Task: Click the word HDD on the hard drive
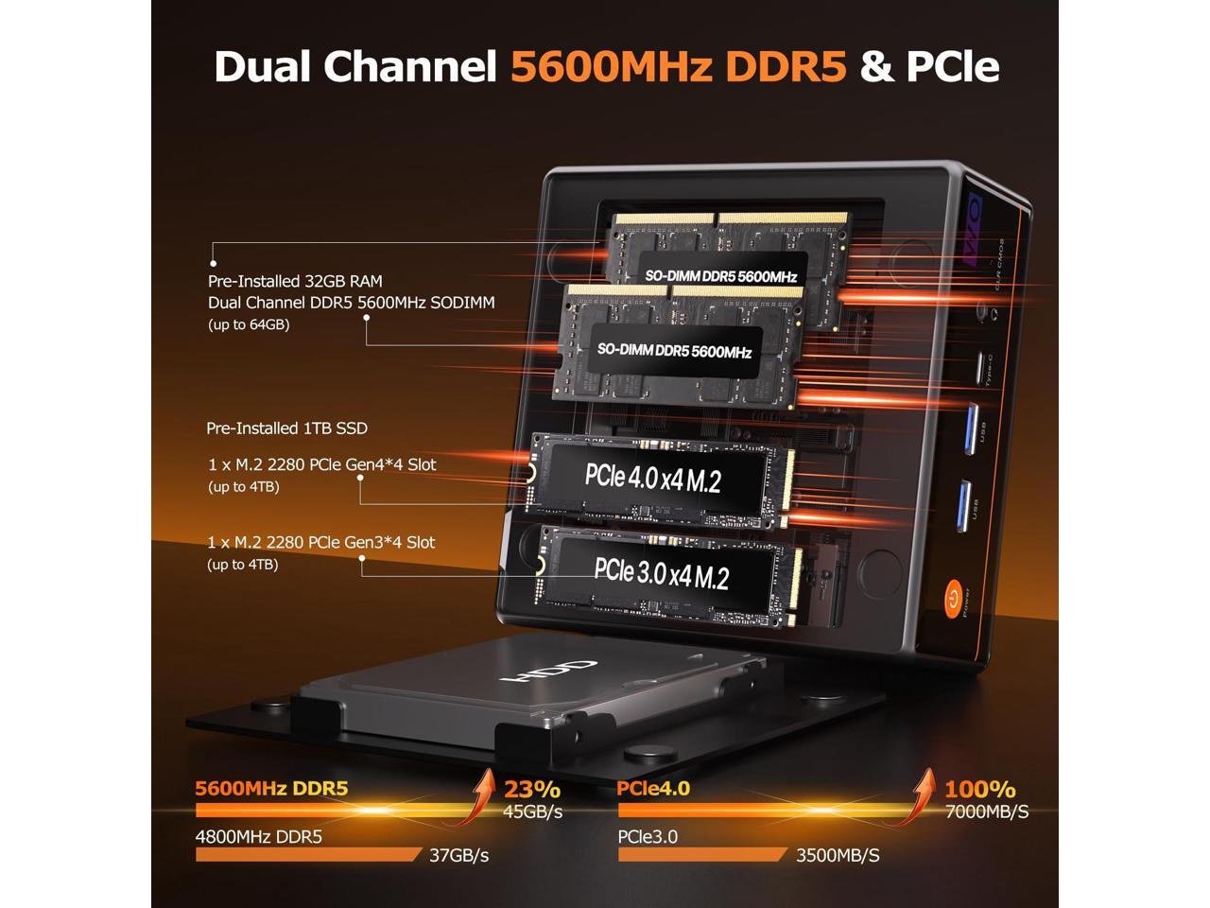552,675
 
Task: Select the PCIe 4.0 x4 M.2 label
652,479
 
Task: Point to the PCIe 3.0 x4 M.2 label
661,573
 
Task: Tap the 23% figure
532,789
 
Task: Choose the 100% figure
980,789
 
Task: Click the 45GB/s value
532,812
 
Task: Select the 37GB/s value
458,855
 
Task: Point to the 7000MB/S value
987,812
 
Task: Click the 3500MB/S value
838,855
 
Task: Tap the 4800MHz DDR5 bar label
258,836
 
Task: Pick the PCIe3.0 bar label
648,836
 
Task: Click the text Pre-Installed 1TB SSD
286,428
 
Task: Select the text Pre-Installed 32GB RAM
295,281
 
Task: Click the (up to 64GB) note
249,324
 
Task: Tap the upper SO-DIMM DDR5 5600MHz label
721,276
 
